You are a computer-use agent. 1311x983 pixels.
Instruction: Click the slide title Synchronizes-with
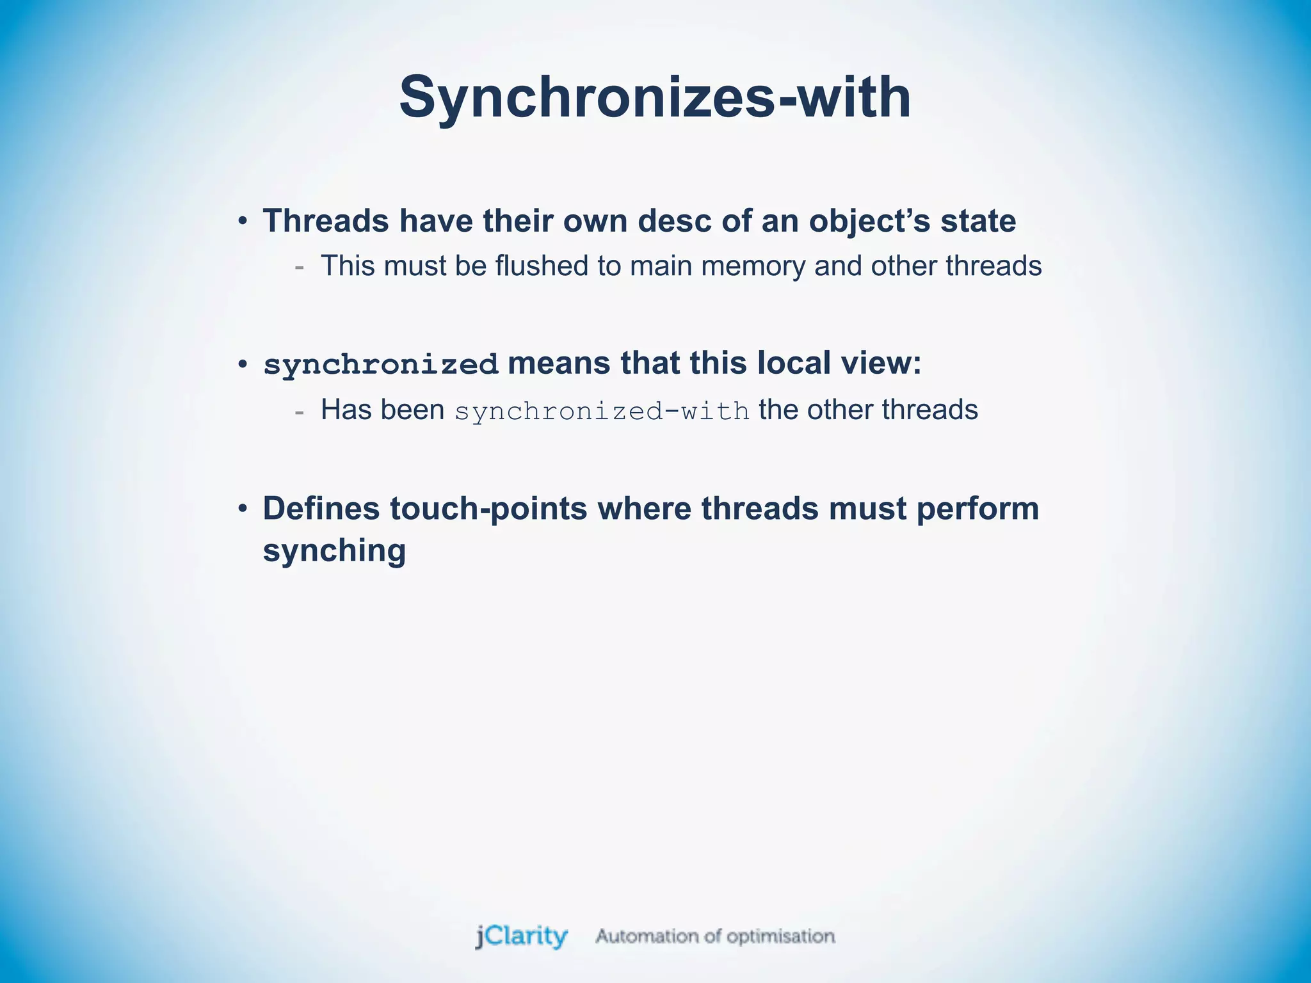click(x=655, y=97)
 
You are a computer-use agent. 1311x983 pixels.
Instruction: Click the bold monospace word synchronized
click(x=381, y=365)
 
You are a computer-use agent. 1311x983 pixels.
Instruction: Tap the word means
click(x=558, y=363)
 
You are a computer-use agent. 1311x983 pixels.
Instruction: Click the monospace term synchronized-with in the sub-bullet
click(x=602, y=411)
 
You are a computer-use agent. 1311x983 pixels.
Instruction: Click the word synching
click(x=334, y=551)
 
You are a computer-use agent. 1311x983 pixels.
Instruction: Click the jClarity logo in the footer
click(x=522, y=936)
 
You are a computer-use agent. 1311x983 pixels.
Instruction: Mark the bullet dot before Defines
click(x=242, y=509)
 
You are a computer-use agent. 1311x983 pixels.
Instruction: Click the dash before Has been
click(x=299, y=412)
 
